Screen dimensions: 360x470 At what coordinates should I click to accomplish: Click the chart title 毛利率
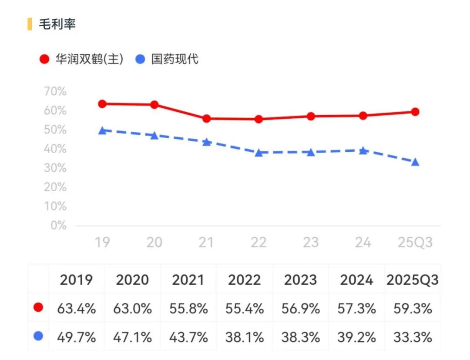click(57, 24)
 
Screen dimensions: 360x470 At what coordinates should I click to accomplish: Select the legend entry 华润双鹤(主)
click(89, 59)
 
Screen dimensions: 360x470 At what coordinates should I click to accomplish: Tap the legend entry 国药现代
click(175, 59)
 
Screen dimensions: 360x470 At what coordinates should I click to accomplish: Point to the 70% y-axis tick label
click(55, 92)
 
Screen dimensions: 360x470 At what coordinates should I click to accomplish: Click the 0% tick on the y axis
click(58, 225)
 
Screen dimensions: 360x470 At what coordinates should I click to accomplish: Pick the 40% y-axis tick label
click(55, 149)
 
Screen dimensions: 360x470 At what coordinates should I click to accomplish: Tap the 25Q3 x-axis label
click(415, 242)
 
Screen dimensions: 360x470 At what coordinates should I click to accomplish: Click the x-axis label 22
click(258, 242)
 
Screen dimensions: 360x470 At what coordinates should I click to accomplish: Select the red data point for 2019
click(102, 104)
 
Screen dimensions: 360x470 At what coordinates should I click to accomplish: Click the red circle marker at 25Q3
click(415, 112)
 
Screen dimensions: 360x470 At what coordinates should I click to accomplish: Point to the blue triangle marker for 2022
click(258, 153)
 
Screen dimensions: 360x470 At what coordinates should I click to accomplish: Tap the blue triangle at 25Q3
click(415, 162)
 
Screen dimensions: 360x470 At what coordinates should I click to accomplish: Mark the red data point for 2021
click(206, 118)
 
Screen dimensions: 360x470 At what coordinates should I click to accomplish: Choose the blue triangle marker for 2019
click(102, 130)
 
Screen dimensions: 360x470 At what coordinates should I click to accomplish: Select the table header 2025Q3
click(412, 280)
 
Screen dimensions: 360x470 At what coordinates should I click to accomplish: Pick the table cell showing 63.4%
click(77, 308)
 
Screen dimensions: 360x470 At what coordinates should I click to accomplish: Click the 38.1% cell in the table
click(245, 337)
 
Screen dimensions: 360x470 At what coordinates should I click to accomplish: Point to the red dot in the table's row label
click(38, 308)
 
